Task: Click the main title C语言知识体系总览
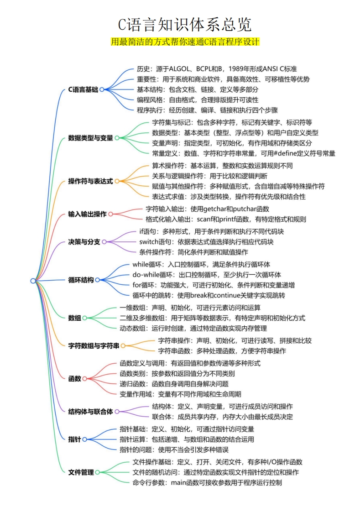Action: (x=185, y=25)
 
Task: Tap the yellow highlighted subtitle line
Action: (x=185, y=42)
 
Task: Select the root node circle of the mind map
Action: (x=33, y=281)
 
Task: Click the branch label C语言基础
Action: (x=83, y=89)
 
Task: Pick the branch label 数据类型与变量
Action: (x=90, y=138)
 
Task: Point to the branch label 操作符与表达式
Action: (x=90, y=181)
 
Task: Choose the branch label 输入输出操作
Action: (x=87, y=214)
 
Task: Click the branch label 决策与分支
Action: (x=84, y=242)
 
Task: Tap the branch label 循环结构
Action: (x=81, y=280)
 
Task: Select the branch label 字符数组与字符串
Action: (x=94, y=346)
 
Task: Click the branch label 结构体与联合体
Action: (x=90, y=412)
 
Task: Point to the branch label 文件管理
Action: (x=81, y=472)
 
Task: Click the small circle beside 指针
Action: (x=84, y=439)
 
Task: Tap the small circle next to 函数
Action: (x=84, y=379)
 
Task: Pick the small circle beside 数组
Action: (x=84, y=318)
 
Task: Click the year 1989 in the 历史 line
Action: (x=235, y=69)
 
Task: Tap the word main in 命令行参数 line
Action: (x=178, y=483)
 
